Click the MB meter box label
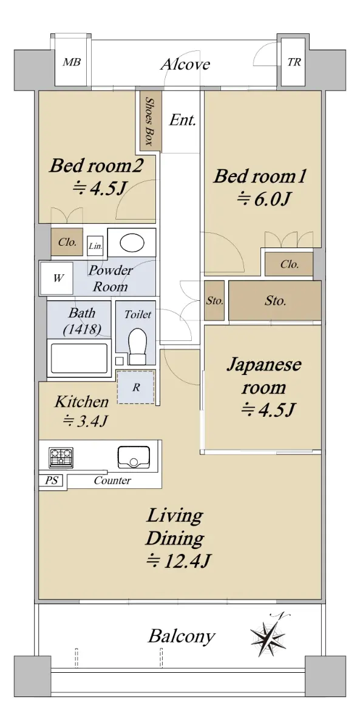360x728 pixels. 72,62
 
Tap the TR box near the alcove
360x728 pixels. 293,62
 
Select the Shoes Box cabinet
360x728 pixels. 151,121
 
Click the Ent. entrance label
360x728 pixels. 183,120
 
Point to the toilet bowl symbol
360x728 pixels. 138,346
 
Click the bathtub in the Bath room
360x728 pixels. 79,358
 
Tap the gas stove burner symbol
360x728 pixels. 61,457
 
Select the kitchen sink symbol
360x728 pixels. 134,457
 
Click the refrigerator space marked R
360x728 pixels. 136,388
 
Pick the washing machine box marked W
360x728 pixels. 56,278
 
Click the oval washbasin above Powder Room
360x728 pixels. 132,243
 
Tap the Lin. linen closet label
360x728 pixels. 95,246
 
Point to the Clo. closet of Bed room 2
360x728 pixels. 67,242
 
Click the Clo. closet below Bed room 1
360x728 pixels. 289,264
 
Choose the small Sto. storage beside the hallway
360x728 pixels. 214,301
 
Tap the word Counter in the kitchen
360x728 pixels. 112,480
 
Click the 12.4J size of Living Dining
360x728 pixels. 179,561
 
